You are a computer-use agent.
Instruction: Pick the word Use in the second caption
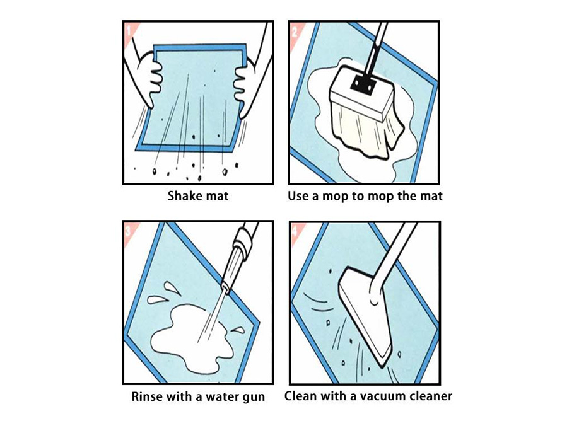299,196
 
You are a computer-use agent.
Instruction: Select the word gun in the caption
252,397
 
